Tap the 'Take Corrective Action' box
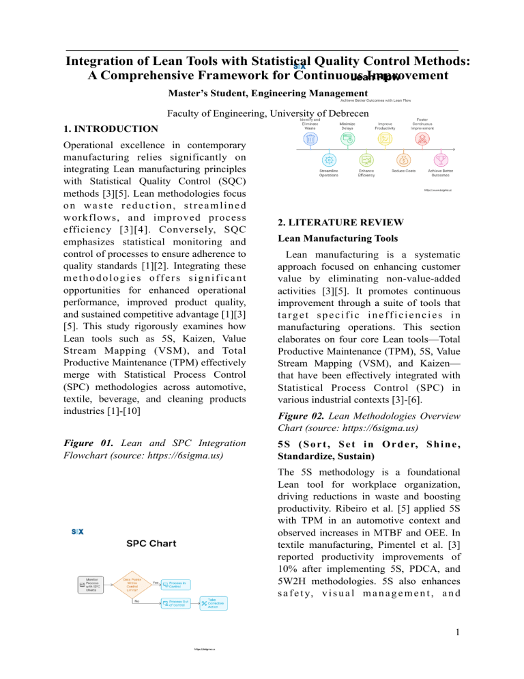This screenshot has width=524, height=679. [x=213, y=603]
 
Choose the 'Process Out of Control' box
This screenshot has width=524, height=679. [x=176, y=602]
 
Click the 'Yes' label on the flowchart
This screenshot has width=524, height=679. [x=154, y=582]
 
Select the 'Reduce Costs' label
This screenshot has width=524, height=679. [x=404, y=170]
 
